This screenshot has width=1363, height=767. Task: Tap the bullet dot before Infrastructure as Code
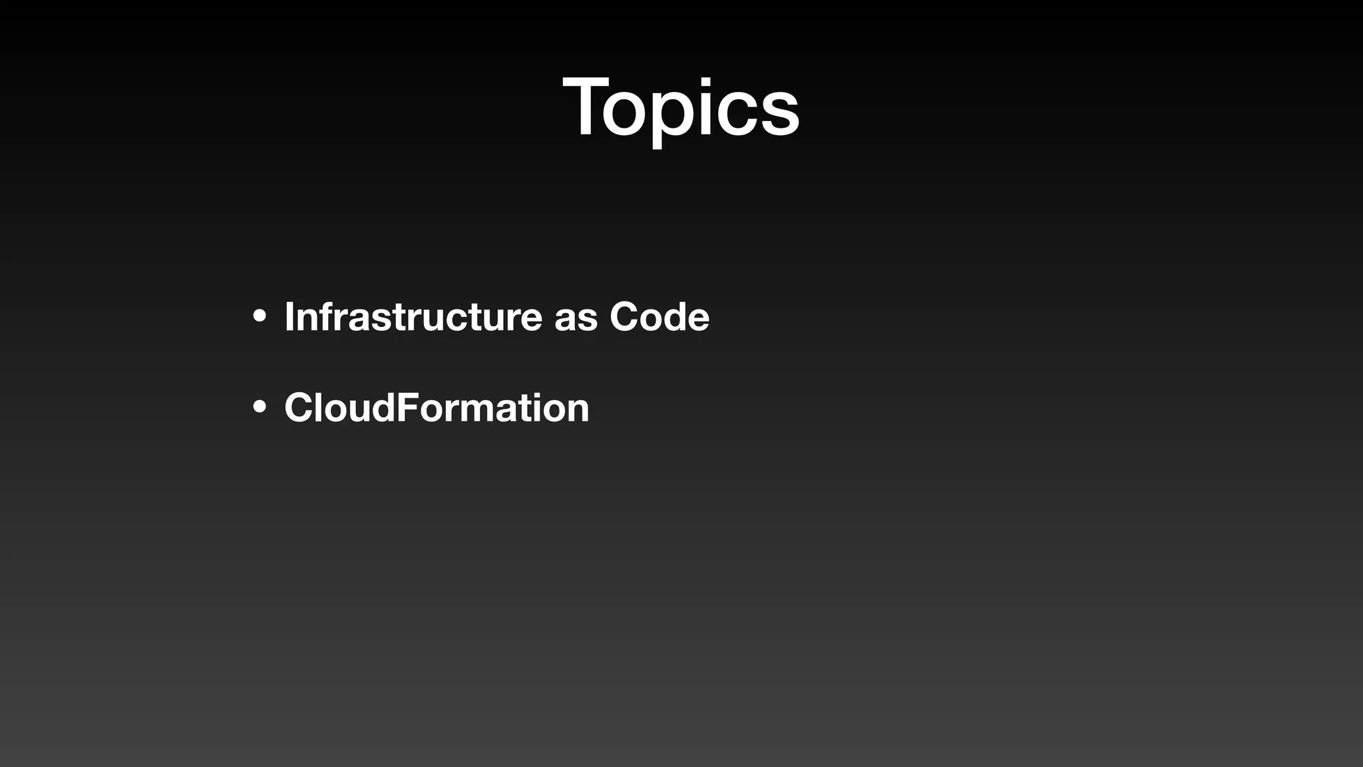click(260, 316)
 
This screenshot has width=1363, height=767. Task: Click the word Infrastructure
click(413, 316)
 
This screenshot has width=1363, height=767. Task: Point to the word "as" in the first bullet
click(576, 318)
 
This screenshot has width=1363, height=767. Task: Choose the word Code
click(660, 316)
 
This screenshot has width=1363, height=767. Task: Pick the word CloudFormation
click(437, 407)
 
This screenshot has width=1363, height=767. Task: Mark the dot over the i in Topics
click(707, 81)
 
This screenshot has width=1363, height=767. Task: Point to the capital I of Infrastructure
click(289, 316)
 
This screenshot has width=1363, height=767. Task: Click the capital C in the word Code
click(624, 316)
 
